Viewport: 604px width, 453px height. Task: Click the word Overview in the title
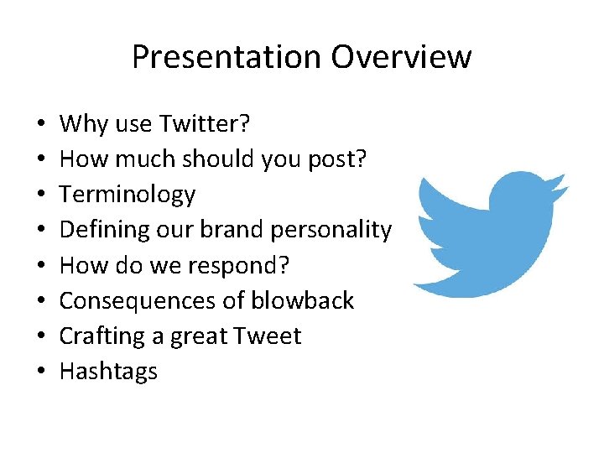click(401, 57)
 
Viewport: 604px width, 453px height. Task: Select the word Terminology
click(128, 195)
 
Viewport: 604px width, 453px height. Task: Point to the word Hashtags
click(108, 372)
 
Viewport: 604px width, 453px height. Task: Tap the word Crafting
click(103, 336)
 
